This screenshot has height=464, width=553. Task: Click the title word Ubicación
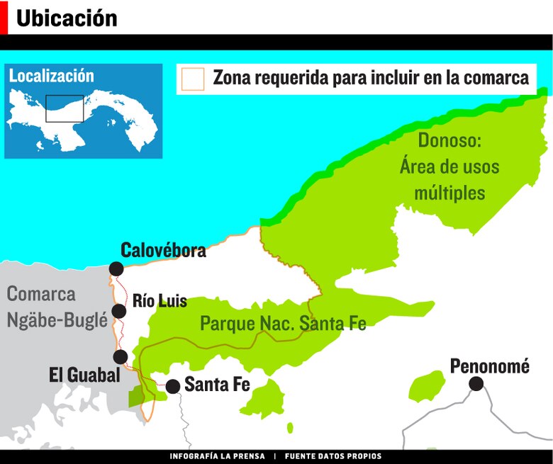pos(67,18)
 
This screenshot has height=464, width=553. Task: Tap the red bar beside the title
pos(4,17)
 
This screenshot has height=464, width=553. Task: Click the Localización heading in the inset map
pos(51,75)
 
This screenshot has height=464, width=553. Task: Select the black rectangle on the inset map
pos(65,108)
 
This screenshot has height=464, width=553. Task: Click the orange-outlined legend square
pos(193,79)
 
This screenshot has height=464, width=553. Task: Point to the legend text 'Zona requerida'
pos(270,78)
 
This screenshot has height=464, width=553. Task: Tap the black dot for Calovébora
pos(116,268)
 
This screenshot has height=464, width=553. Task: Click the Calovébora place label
pos(163,250)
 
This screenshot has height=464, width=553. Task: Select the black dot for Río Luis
pos(119,311)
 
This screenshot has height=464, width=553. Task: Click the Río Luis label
pos(160,301)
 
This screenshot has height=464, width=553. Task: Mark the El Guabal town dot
pos(121,356)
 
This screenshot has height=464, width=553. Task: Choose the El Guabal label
pos(84,375)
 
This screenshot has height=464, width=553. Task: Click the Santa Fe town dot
pos(172,386)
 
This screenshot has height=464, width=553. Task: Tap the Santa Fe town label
pos(217,385)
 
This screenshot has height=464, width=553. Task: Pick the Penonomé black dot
pos(476,384)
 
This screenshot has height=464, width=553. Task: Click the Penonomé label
pos(490,366)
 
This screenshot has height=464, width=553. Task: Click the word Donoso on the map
pos(449,140)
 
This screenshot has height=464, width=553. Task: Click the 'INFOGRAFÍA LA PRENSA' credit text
pos(217,456)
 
